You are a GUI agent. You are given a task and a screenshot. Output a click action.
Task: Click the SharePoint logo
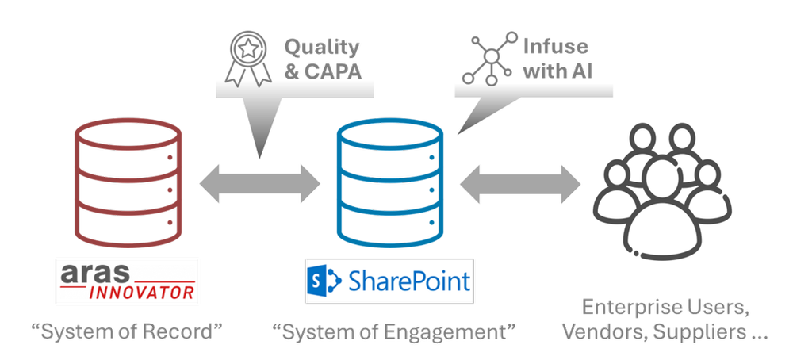[389, 279]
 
